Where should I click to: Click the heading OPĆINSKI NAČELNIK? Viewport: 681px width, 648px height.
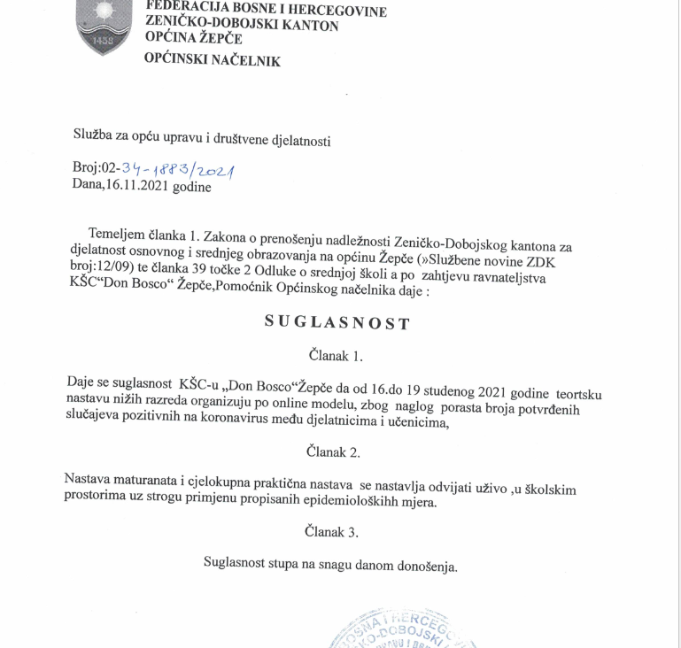coord(213,61)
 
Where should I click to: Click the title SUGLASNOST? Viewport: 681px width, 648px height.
coord(337,322)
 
